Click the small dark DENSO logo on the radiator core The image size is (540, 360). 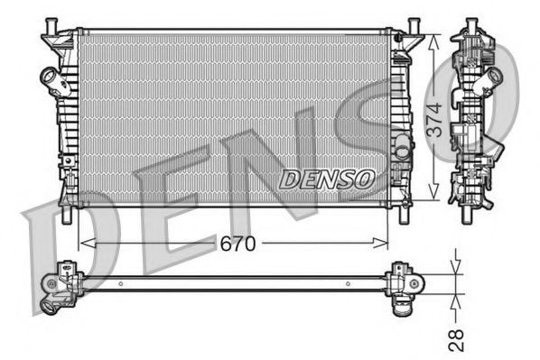pyautogui.click(x=326, y=179)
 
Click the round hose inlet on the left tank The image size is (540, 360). pyautogui.click(x=46, y=78)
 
